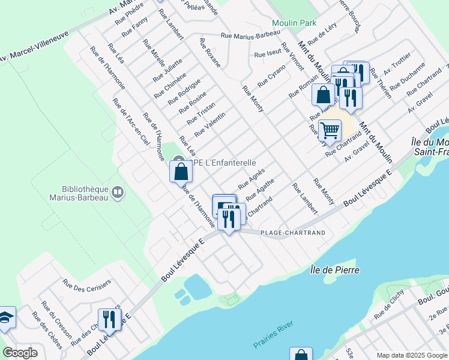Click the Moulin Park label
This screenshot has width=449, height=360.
point(294,23)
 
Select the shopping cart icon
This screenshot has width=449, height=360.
point(330,130)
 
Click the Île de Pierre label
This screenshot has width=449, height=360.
point(335,270)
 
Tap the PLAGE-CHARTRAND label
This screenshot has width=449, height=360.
point(292,233)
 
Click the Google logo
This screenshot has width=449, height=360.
point(20,353)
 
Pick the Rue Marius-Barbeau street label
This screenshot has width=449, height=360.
point(250,35)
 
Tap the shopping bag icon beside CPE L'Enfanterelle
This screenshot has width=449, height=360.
point(181,172)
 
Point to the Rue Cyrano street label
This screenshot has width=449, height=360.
point(272,75)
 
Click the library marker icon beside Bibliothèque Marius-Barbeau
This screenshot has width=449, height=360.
point(117,193)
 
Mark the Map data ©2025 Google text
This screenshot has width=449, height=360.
point(411,355)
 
